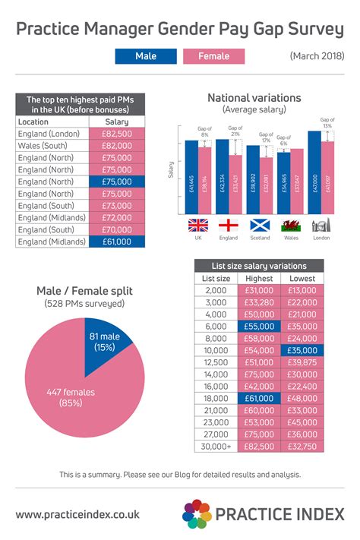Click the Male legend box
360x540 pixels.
146,56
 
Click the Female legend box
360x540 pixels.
213,56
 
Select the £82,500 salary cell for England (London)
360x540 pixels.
116,134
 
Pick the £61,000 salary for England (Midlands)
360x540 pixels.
116,242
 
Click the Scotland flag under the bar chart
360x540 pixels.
261,226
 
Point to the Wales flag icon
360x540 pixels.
290,226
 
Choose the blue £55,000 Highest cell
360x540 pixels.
259,327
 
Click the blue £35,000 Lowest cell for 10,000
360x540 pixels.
302,351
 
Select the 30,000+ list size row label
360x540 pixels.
216,447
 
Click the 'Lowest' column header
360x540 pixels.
302,278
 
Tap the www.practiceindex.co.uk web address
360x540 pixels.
77,514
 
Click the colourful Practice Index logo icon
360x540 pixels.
197,514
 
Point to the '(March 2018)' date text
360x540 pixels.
316,56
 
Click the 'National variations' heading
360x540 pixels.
254,98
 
